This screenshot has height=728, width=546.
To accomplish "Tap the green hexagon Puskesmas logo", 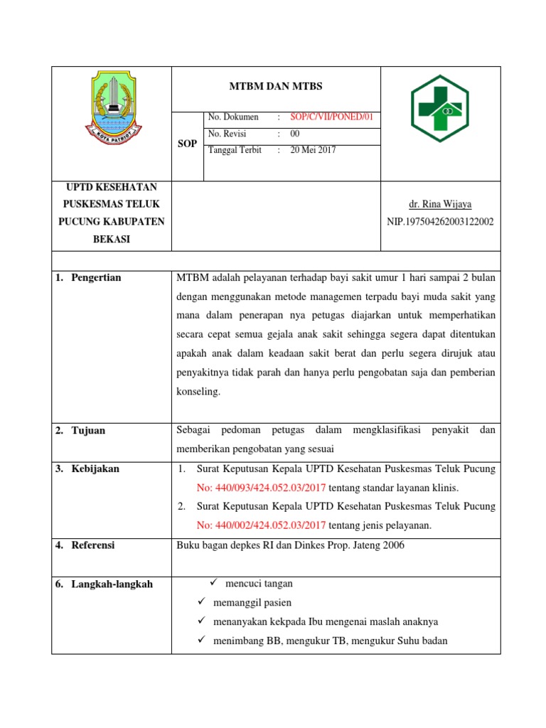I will coord(440,109).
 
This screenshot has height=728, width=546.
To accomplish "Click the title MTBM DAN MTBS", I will coord(276,86).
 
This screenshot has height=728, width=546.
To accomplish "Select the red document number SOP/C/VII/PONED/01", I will coord(332,117).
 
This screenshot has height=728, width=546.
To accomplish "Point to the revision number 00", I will coord(295,134).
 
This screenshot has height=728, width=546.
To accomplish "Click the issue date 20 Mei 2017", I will coord(313,150).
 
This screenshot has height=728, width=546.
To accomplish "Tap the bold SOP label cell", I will coord(187,144).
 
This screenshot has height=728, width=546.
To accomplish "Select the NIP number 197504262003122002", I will coord(440,222).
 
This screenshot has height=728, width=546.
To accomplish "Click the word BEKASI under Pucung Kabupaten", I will coord(111,240).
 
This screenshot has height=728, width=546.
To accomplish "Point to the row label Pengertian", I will coord(96,277).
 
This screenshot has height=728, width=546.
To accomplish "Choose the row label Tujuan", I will coord(88,430).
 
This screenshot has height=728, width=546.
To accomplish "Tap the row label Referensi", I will coord(93,545).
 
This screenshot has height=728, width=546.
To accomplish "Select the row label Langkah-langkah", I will coord(112,584).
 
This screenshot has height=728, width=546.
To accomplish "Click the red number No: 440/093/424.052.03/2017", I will coord(261,488).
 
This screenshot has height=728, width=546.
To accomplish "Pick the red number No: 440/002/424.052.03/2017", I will coord(261,525).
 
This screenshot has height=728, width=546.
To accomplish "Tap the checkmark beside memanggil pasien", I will coord(201,603).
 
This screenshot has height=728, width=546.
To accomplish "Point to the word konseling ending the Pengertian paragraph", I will coord(198,392).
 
